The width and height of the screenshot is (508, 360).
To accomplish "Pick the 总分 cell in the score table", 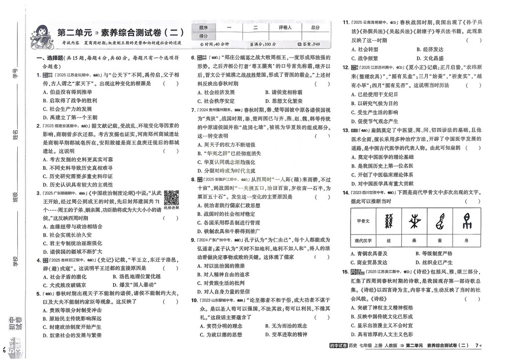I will pyautogui.click(x=314, y=27).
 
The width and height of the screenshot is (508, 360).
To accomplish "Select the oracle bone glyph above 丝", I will pyautogui.click(x=390, y=221).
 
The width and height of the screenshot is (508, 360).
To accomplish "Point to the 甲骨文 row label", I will pyautogui.click(x=363, y=221).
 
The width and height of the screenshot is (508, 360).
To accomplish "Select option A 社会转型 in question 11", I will pyautogui.click(x=363, y=49).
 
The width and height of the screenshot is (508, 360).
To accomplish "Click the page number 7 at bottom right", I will pyautogui.click(x=477, y=346).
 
